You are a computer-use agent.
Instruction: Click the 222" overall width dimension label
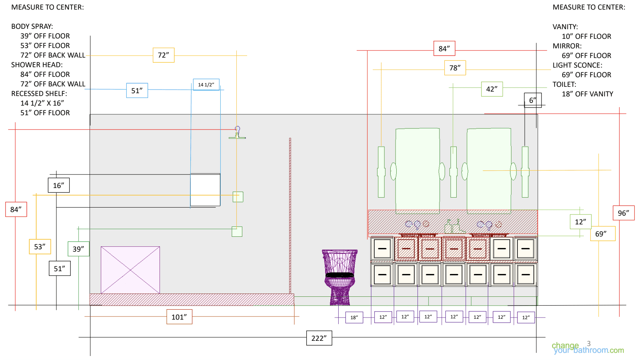[x=319, y=338]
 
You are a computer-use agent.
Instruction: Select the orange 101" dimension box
[x=179, y=317]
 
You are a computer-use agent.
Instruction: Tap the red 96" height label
[x=623, y=213]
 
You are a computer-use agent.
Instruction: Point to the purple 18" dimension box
[x=354, y=318]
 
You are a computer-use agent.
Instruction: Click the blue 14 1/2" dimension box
[x=206, y=84]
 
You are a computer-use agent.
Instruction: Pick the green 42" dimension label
[x=492, y=89]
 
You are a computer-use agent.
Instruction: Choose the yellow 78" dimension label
[x=455, y=68]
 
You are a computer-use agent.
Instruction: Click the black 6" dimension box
[x=533, y=100]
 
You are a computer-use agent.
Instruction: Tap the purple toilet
[x=339, y=277]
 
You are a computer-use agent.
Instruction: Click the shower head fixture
[x=237, y=133]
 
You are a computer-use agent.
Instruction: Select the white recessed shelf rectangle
[x=205, y=190]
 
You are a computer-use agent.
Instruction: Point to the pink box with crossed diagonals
[x=130, y=270]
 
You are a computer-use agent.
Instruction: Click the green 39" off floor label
[x=78, y=249]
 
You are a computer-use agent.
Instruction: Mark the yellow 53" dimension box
[x=40, y=246]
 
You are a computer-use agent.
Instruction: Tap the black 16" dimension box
[x=59, y=185]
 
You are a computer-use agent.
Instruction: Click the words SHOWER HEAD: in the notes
[x=37, y=65]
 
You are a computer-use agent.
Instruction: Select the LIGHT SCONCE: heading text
[x=577, y=65]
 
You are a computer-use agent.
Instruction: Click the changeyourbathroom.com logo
[x=588, y=348]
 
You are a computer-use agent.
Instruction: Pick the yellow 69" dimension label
[x=603, y=234]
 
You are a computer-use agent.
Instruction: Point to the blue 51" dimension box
[x=137, y=90]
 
